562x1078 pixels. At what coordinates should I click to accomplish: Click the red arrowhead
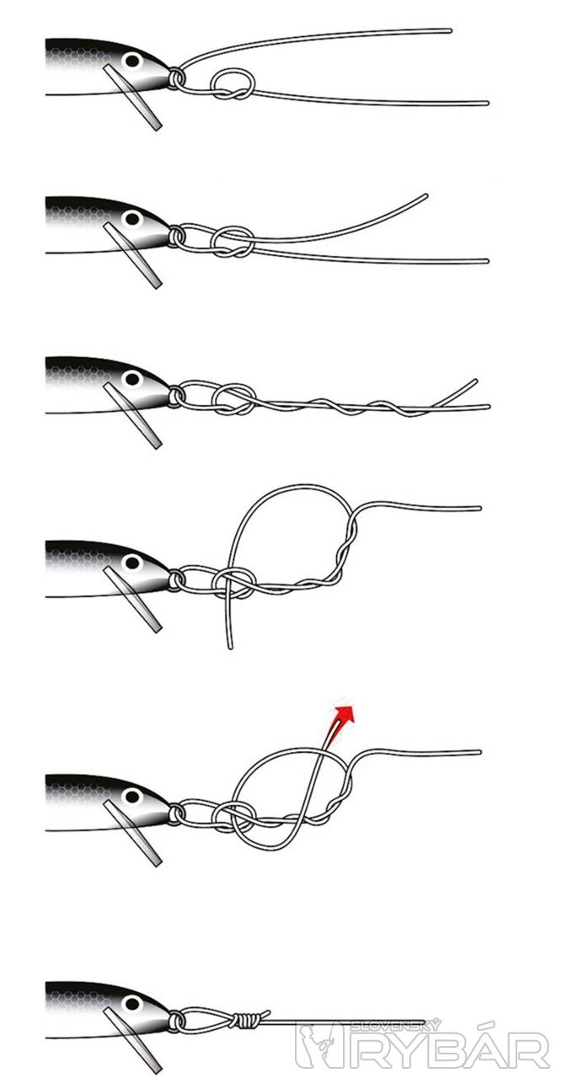(x=345, y=713)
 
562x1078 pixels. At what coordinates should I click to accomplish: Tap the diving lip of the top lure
(x=132, y=97)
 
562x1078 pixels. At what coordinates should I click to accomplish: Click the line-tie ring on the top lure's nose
(x=176, y=77)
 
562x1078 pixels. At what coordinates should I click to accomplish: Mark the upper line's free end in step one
(x=449, y=30)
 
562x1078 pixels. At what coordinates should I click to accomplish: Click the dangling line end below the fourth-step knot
(x=231, y=648)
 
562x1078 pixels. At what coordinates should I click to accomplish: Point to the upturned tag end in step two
(x=426, y=196)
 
